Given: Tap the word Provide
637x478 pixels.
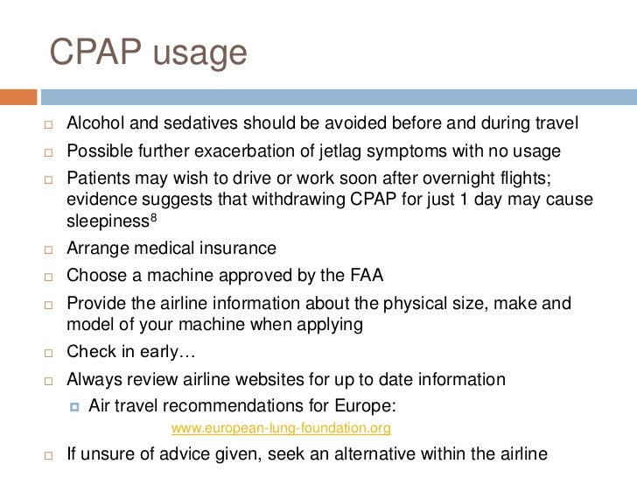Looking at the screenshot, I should pos(95,303).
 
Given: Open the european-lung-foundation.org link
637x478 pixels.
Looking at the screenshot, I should pos(281,429).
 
